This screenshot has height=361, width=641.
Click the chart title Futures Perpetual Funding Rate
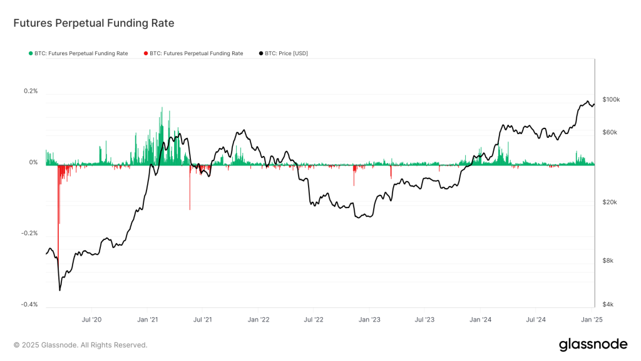point(94,23)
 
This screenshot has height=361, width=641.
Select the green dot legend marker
point(31,54)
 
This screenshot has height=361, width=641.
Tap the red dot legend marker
point(146,54)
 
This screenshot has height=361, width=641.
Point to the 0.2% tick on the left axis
point(31,91)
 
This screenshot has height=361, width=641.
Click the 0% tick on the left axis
point(33,162)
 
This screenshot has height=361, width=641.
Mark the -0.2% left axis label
point(29,233)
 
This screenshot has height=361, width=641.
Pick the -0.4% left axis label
point(29,305)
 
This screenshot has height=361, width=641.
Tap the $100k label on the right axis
point(611,100)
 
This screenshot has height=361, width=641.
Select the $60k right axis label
point(610,132)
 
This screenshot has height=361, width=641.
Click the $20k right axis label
point(610,202)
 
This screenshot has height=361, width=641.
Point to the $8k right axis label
point(608,261)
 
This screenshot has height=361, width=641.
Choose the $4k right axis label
point(608,305)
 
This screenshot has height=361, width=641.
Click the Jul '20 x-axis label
point(91,319)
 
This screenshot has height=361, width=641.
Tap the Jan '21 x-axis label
point(147,319)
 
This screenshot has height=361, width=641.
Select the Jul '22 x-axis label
point(313,319)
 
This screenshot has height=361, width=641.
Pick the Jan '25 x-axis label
point(592,319)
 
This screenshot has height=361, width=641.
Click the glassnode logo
point(592,344)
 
